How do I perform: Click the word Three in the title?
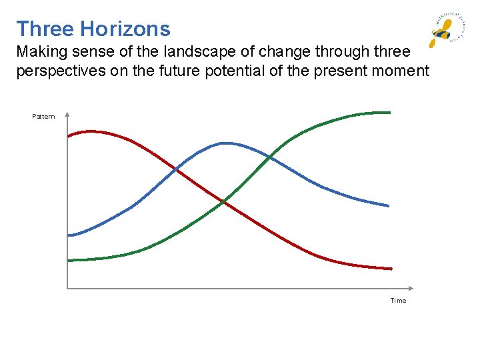click(x=45, y=29)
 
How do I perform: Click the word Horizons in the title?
click(x=125, y=29)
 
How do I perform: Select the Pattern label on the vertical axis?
click(x=44, y=117)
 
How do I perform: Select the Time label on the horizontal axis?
click(x=398, y=301)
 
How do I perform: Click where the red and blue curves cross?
click(x=177, y=170)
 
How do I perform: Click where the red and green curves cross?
click(x=223, y=201)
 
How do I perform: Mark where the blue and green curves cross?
click(x=269, y=157)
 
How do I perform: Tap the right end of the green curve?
click(x=389, y=112)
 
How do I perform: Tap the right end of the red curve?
click(x=391, y=269)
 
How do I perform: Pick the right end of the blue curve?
click(x=389, y=206)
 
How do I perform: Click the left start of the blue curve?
click(x=69, y=235)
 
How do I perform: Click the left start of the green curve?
click(x=69, y=260)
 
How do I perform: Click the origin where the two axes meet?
click(x=67, y=289)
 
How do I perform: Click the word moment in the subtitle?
click(x=399, y=71)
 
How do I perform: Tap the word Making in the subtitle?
click(x=40, y=51)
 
